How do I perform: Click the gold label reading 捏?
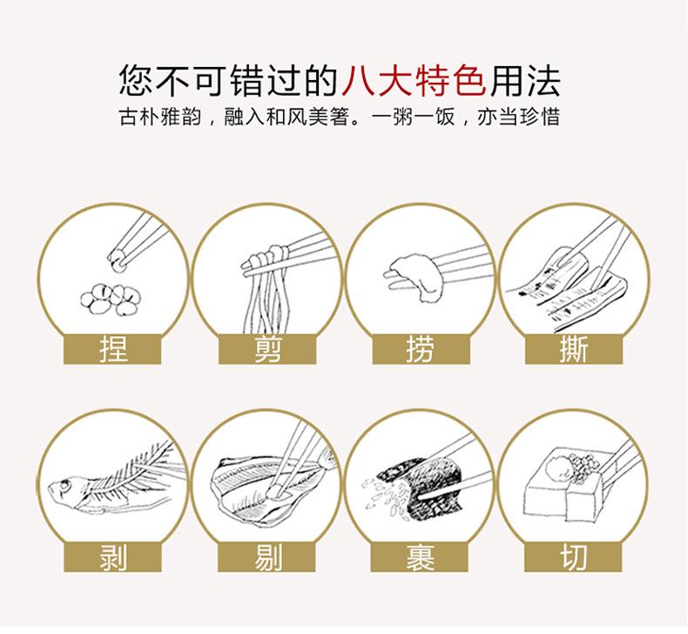(114, 349)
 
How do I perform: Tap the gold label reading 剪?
(267, 349)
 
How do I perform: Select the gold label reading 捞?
(421, 349)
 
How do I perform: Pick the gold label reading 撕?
(574, 349)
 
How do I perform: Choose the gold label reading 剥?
(114, 556)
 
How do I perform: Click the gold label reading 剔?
(267, 556)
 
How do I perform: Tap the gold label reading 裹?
(421, 556)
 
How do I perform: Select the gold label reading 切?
(574, 556)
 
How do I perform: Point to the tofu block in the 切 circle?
(557, 488)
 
